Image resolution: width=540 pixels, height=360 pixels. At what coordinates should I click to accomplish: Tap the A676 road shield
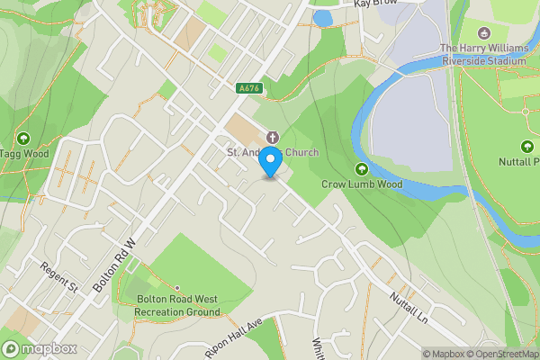tap(249, 88)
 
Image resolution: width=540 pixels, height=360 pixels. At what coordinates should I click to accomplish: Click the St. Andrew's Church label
tap(272, 152)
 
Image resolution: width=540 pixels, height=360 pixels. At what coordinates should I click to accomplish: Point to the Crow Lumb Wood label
tap(363, 184)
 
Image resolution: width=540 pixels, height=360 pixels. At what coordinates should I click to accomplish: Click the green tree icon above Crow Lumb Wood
tap(362, 168)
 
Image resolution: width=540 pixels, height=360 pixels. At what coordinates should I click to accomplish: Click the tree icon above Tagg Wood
tap(22, 138)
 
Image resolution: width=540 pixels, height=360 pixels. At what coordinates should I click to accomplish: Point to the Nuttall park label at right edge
tap(518, 162)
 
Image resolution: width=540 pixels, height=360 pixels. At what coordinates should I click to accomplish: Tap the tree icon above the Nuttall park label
tap(526, 146)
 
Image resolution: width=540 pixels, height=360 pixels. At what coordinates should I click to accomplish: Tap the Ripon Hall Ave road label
tap(232, 335)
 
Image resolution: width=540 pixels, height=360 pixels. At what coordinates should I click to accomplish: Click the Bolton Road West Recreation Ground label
tap(178, 306)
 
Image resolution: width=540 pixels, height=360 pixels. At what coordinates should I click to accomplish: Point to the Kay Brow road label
tap(375, 4)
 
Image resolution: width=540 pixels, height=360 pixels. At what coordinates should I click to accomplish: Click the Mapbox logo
tap(39, 348)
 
